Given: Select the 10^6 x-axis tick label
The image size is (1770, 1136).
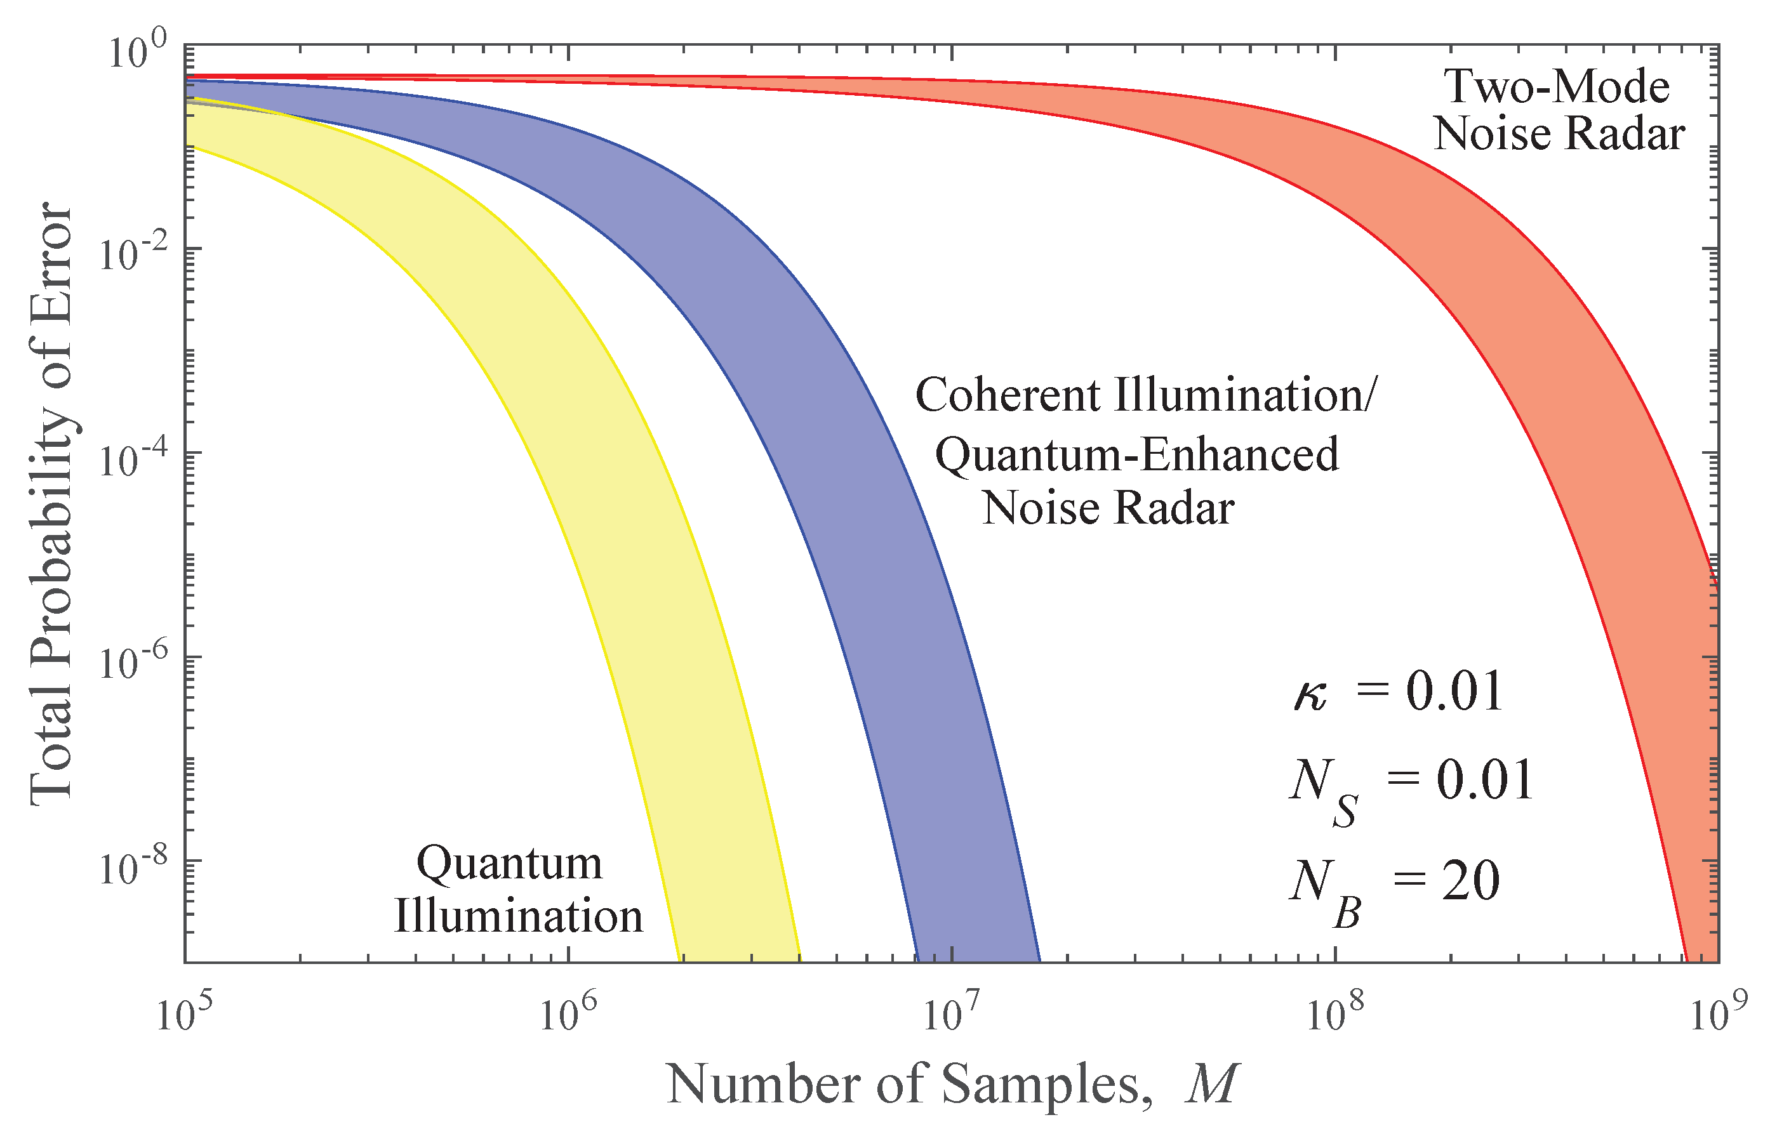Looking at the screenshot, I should pyautogui.click(x=568, y=1015).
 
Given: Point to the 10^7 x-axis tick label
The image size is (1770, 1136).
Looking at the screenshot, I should pyautogui.click(x=951, y=1015).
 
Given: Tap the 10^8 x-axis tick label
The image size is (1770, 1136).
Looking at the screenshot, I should pyautogui.click(x=1334, y=1015).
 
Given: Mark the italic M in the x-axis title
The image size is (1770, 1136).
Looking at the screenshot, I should pyautogui.click(x=1210, y=1085).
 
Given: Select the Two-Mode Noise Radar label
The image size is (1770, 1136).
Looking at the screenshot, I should pyautogui.click(x=1558, y=110).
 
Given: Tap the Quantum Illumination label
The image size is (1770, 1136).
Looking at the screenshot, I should pyautogui.click(x=517, y=890).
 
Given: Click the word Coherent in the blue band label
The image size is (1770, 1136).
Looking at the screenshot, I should pyautogui.click(x=1008, y=395).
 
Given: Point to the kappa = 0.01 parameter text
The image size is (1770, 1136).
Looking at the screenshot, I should pyautogui.click(x=1397, y=692).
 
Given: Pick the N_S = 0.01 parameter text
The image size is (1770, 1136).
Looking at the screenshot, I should pyautogui.click(x=1409, y=785).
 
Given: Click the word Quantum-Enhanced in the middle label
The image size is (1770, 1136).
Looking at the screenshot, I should pyautogui.click(x=1136, y=454).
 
